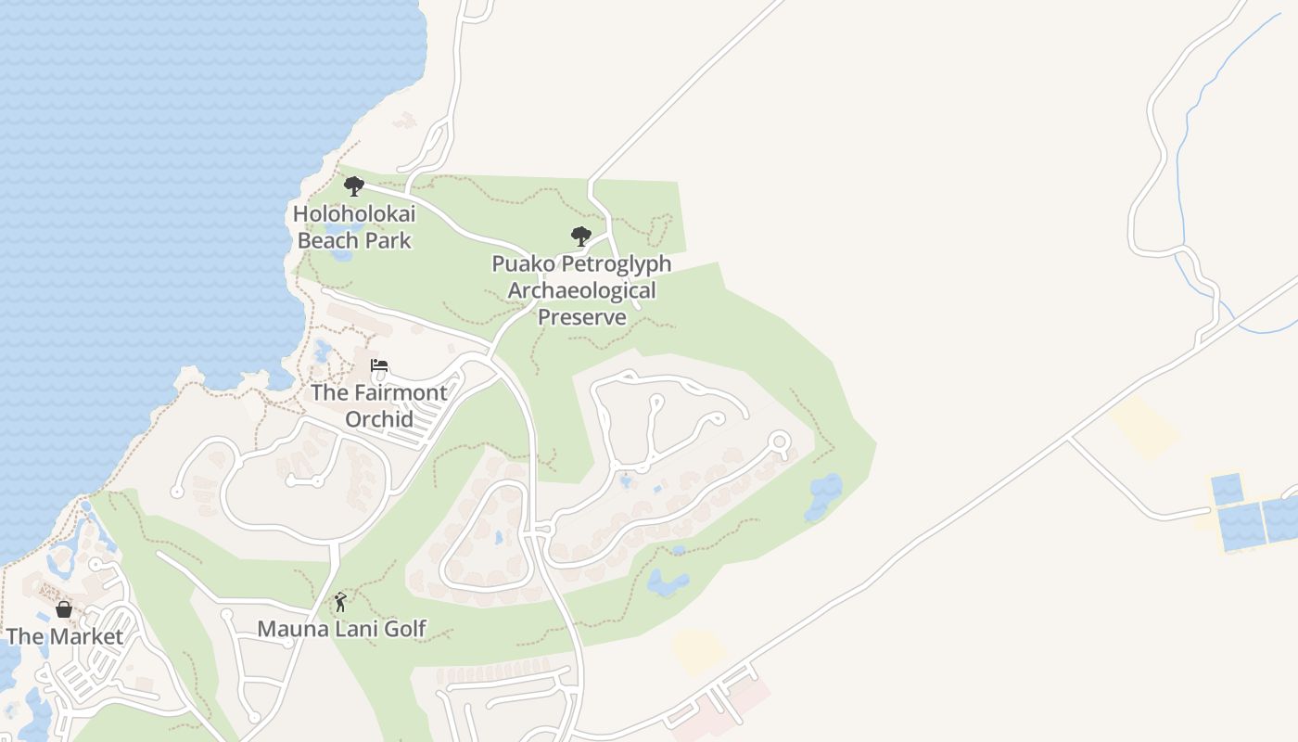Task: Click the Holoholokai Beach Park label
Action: (354, 227)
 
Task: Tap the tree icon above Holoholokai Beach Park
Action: (353, 186)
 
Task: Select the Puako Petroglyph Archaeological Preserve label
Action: (581, 290)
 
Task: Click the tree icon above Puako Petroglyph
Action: (581, 237)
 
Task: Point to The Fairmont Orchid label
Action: (379, 405)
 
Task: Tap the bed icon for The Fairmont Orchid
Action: (379, 365)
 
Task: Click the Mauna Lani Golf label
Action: (341, 629)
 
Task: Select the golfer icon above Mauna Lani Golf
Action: (340, 602)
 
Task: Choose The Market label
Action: (65, 636)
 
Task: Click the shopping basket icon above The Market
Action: (64, 609)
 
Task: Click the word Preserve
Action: (582, 317)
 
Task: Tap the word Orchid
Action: (379, 419)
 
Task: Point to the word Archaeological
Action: (581, 290)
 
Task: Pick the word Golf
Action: (404, 629)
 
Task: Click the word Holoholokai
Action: (354, 214)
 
